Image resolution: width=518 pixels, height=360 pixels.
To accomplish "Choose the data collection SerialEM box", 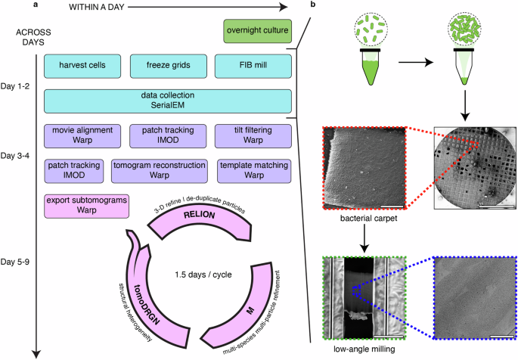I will tap(168, 101).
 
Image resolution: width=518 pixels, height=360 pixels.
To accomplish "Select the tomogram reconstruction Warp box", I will tap(160, 170).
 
